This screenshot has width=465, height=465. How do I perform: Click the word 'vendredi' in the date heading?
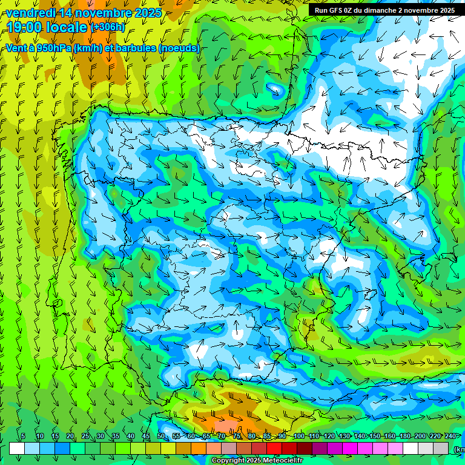[29, 13]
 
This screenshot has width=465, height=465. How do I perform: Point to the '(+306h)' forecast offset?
[107, 27]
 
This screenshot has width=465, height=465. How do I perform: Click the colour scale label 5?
[23, 436]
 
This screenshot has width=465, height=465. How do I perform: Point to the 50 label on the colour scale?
[161, 436]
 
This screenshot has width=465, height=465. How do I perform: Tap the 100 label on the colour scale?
[298, 436]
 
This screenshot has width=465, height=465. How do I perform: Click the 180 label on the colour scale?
[404, 436]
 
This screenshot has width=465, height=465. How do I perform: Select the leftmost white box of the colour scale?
[17, 449]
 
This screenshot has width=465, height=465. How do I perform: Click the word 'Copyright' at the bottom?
[228, 461]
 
